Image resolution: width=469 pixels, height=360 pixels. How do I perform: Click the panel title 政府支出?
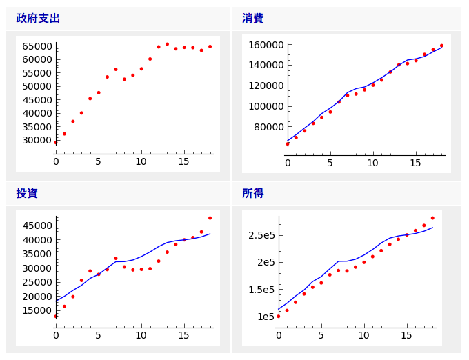[38, 19]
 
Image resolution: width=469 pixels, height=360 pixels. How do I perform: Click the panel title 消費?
[252, 19]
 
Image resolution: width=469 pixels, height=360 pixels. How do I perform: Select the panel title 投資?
[27, 194]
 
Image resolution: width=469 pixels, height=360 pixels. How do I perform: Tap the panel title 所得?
[252, 194]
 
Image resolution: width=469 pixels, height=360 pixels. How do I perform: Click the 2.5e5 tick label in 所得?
[261, 235]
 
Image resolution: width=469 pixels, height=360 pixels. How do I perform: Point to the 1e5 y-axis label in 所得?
[266, 317]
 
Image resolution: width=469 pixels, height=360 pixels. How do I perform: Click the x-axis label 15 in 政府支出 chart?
[183, 162]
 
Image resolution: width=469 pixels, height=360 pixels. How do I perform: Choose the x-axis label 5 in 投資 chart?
[98, 335]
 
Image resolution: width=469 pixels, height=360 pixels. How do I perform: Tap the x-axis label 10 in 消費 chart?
[372, 163]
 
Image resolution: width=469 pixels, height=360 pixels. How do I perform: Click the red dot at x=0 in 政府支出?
[56, 142]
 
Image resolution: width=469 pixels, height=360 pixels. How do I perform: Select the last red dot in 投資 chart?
[210, 218]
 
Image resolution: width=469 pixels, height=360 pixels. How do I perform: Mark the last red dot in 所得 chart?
[432, 218]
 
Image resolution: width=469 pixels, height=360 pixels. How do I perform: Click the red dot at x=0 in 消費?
[288, 143]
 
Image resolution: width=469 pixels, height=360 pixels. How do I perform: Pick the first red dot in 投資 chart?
[56, 316]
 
